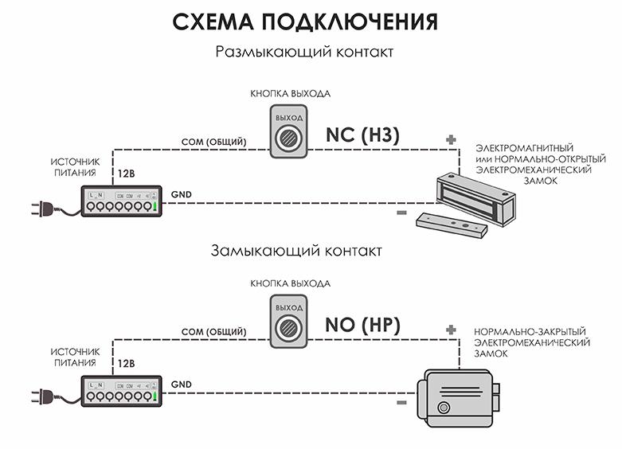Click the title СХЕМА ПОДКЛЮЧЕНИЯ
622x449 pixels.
(305, 21)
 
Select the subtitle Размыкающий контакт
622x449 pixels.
(304, 53)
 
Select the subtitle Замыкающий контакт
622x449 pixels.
(296, 250)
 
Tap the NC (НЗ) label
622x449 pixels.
(362, 135)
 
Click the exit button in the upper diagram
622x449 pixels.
(288, 133)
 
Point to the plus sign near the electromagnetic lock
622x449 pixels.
(452, 141)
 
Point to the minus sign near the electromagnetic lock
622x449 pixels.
(401, 213)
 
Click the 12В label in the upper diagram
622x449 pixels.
(126, 174)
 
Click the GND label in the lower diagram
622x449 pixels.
(181, 384)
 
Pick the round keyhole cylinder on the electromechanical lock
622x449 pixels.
(443, 408)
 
